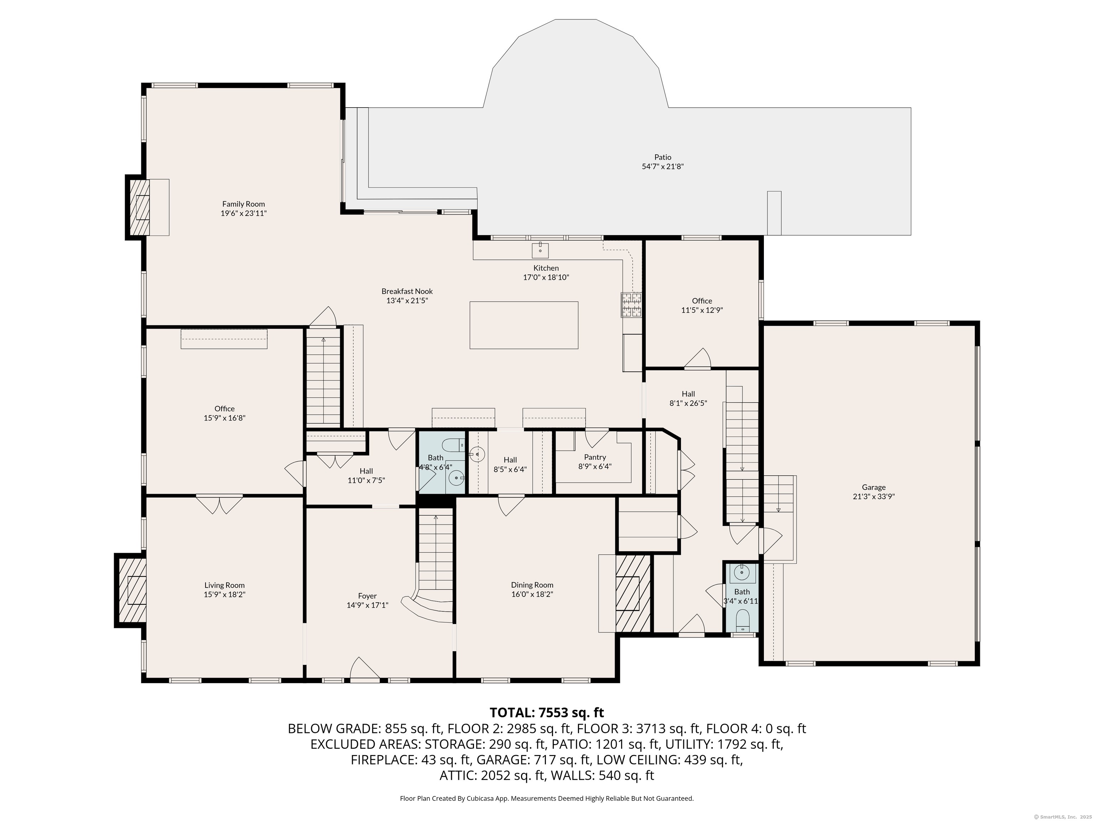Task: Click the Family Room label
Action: click(x=243, y=204)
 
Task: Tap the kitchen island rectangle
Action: click(x=524, y=325)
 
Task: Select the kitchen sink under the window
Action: click(x=540, y=251)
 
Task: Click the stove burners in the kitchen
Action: click(x=631, y=305)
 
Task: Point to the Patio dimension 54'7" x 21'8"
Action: click(x=663, y=167)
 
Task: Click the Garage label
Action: click(x=874, y=487)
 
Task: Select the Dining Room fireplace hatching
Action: click(x=632, y=593)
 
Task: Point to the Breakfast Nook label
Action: click(x=407, y=291)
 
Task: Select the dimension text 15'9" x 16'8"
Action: click(x=225, y=418)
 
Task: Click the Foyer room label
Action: click(x=368, y=596)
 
